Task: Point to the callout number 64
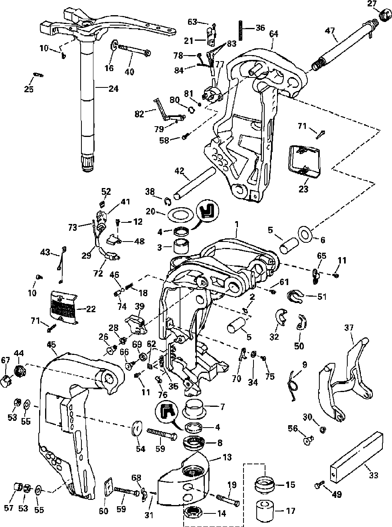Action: click(273, 35)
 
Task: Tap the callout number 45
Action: click(51, 344)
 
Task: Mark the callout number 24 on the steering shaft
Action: click(113, 89)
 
